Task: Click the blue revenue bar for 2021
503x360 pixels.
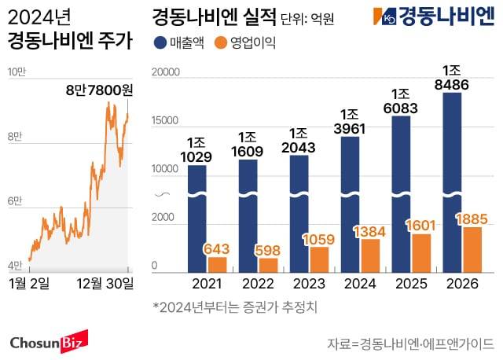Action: [196, 216]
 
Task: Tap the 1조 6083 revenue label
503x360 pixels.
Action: [402, 103]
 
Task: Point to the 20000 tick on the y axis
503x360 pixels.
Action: [165, 72]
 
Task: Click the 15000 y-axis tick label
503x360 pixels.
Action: [165, 120]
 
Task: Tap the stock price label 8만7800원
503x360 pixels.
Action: [99, 91]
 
